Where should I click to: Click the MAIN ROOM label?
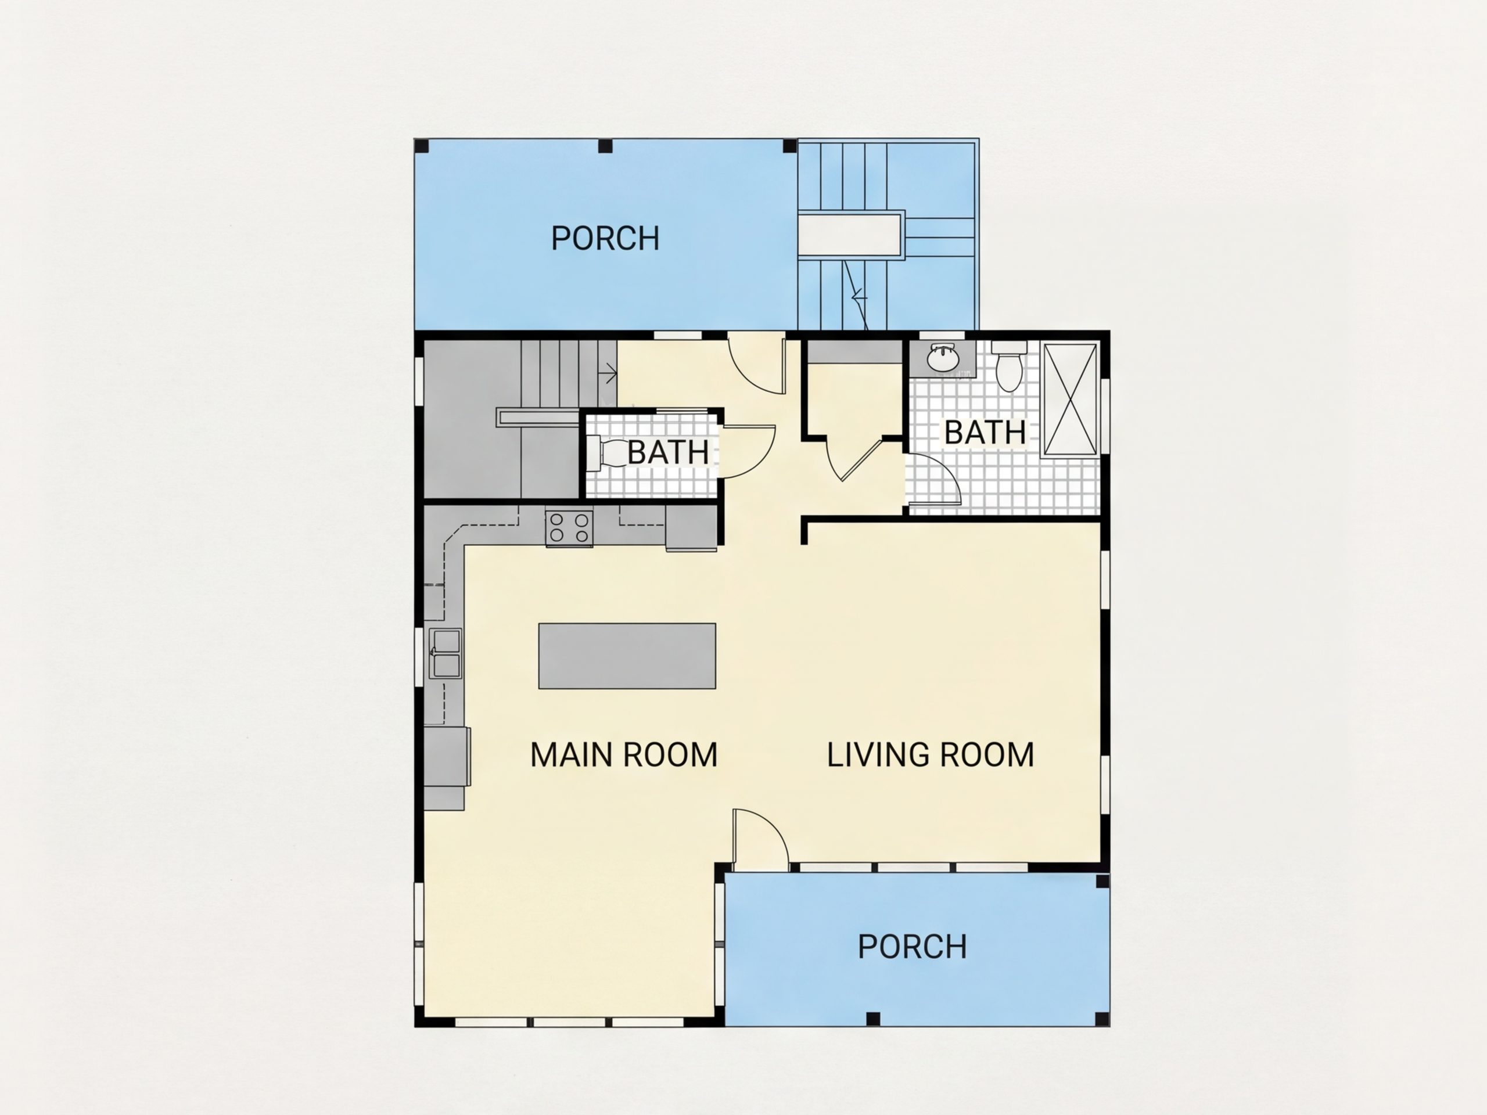(624, 755)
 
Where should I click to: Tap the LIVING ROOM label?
(931, 755)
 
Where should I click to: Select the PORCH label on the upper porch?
(605, 239)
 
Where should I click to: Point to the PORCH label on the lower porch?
(912, 947)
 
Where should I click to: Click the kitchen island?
(627, 656)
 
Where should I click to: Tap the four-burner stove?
(569, 527)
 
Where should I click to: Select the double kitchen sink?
(445, 653)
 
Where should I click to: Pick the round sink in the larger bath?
(943, 358)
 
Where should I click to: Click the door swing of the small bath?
(748, 451)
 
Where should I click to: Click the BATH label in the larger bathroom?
(986, 432)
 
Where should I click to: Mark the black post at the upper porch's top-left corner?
(421, 146)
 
